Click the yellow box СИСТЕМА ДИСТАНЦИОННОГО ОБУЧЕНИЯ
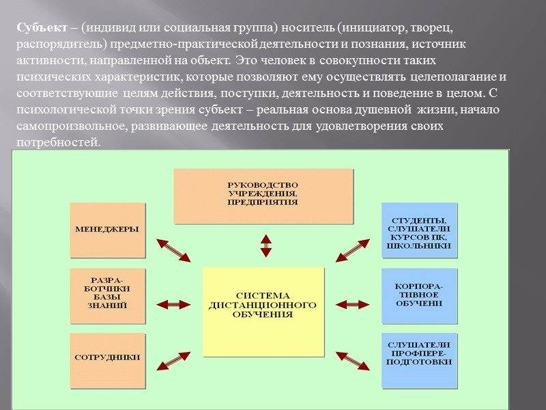click(263, 312)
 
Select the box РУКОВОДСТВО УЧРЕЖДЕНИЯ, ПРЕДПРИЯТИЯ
click(263, 195)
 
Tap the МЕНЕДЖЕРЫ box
click(108, 230)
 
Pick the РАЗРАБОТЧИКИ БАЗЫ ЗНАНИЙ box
click(108, 295)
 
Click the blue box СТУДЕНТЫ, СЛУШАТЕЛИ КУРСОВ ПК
click(419, 230)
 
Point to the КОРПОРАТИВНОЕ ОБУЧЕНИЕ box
click(419, 295)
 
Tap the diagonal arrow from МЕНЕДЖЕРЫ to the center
click(174, 249)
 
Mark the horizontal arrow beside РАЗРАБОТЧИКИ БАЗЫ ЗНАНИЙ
click(174, 303)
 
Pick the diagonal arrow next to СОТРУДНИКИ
click(174, 361)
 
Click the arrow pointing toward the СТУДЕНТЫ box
click(352, 250)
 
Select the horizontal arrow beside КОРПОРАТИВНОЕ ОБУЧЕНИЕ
click(352, 303)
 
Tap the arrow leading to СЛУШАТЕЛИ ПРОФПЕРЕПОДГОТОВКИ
click(352, 361)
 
